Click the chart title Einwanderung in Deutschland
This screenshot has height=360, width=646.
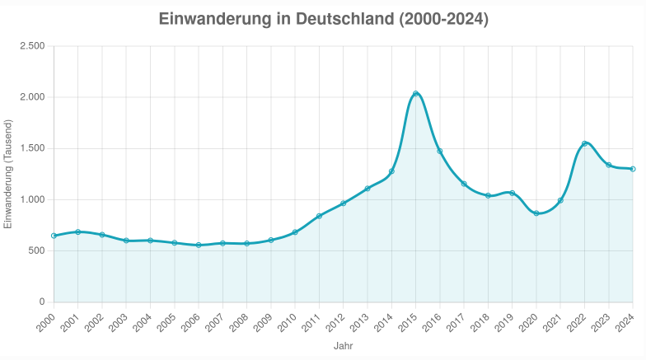point(323,19)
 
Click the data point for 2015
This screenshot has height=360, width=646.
point(415,94)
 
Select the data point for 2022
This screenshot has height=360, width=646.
point(585,143)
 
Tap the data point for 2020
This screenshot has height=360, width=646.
point(536,213)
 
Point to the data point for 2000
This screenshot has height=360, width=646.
point(54,236)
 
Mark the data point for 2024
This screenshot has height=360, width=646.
point(633,169)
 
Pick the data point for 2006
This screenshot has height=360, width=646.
point(199,245)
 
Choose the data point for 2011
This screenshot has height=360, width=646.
point(319,216)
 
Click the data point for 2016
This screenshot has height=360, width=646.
point(440,151)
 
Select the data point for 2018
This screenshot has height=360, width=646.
point(488,195)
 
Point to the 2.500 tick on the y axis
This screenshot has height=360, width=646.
point(31,46)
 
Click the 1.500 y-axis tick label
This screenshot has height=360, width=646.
point(31,148)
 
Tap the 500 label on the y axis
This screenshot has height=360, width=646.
point(36,250)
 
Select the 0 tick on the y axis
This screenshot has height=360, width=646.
point(41,302)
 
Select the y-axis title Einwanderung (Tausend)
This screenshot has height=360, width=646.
point(8,174)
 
